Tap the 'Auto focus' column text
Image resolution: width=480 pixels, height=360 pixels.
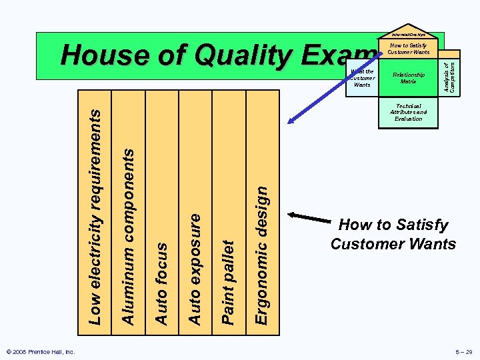click(x=162, y=283)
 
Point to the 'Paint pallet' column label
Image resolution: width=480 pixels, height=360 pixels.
click(x=229, y=283)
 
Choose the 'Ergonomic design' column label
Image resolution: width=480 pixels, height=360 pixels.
click(x=263, y=255)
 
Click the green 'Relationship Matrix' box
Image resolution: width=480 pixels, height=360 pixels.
click(x=408, y=79)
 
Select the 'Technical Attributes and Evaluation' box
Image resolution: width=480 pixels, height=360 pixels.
click(x=408, y=112)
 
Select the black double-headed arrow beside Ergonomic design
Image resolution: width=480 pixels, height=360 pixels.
click(x=309, y=220)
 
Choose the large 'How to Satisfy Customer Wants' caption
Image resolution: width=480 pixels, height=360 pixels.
click(x=393, y=234)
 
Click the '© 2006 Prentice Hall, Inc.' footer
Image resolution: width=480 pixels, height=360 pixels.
click(x=40, y=351)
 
